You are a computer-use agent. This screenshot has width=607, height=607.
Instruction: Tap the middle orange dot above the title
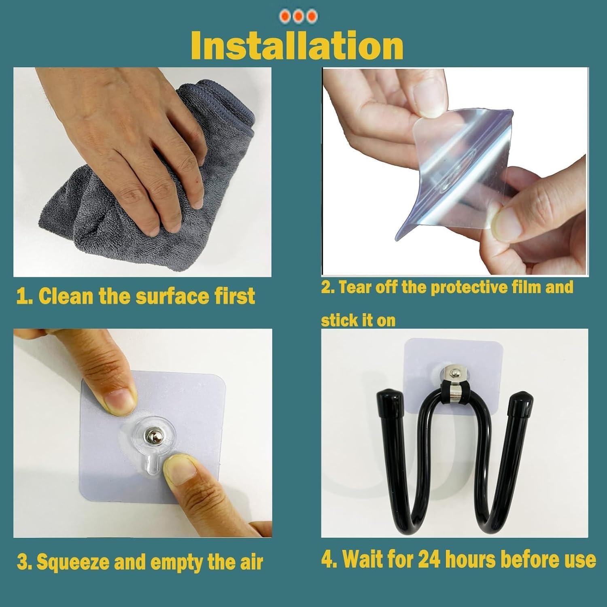click(299, 16)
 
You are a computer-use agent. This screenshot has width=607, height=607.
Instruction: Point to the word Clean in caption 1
click(67, 296)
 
